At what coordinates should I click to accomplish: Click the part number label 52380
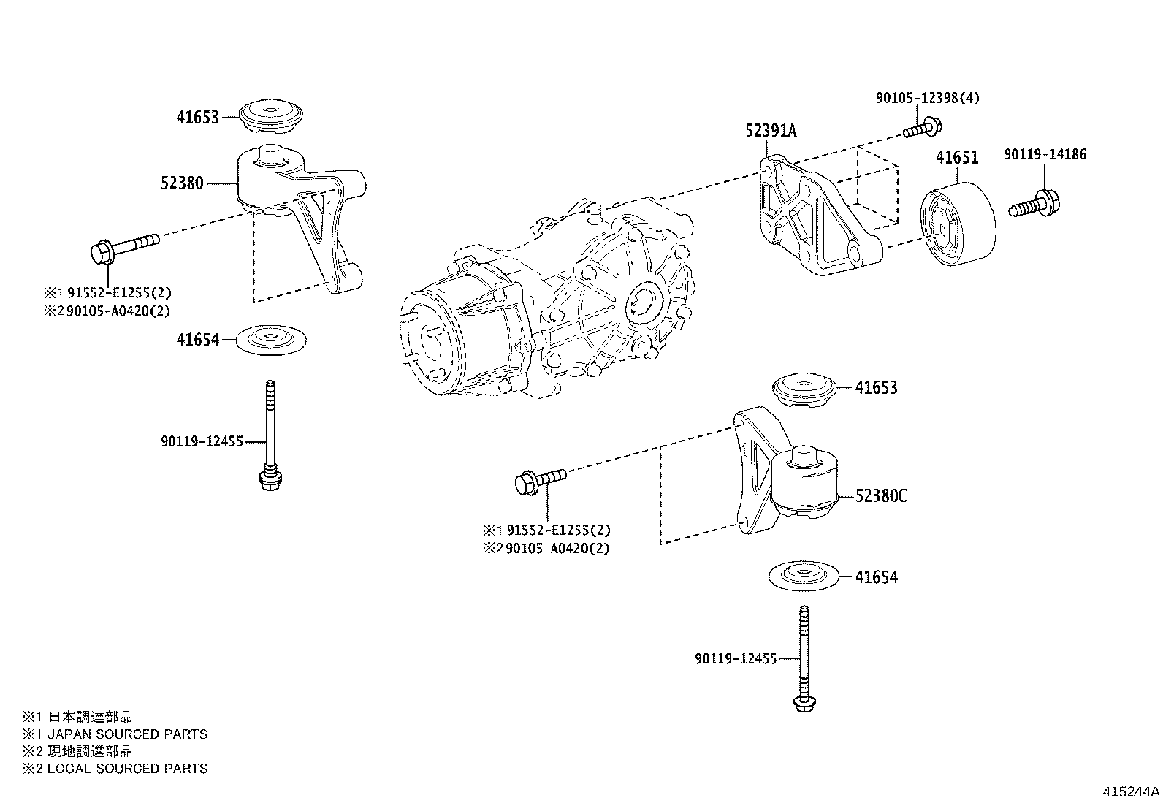182,183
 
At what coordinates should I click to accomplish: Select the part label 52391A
771,130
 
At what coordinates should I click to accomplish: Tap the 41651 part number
957,157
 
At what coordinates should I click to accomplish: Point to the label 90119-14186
1045,154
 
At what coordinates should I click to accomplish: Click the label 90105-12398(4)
927,98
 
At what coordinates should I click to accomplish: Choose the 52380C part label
880,496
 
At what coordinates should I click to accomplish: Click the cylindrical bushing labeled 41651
958,224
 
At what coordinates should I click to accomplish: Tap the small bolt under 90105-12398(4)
923,129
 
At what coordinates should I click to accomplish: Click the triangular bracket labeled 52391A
820,215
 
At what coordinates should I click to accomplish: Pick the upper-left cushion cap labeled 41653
271,116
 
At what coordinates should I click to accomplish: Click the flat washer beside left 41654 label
271,340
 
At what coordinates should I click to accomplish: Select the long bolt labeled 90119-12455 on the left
270,435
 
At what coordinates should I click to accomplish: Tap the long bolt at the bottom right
805,658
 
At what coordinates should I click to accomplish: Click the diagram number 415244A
1131,791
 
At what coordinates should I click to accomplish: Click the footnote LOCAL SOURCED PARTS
127,768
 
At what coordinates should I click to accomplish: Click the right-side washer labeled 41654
804,576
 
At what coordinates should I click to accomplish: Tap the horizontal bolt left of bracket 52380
125,248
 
